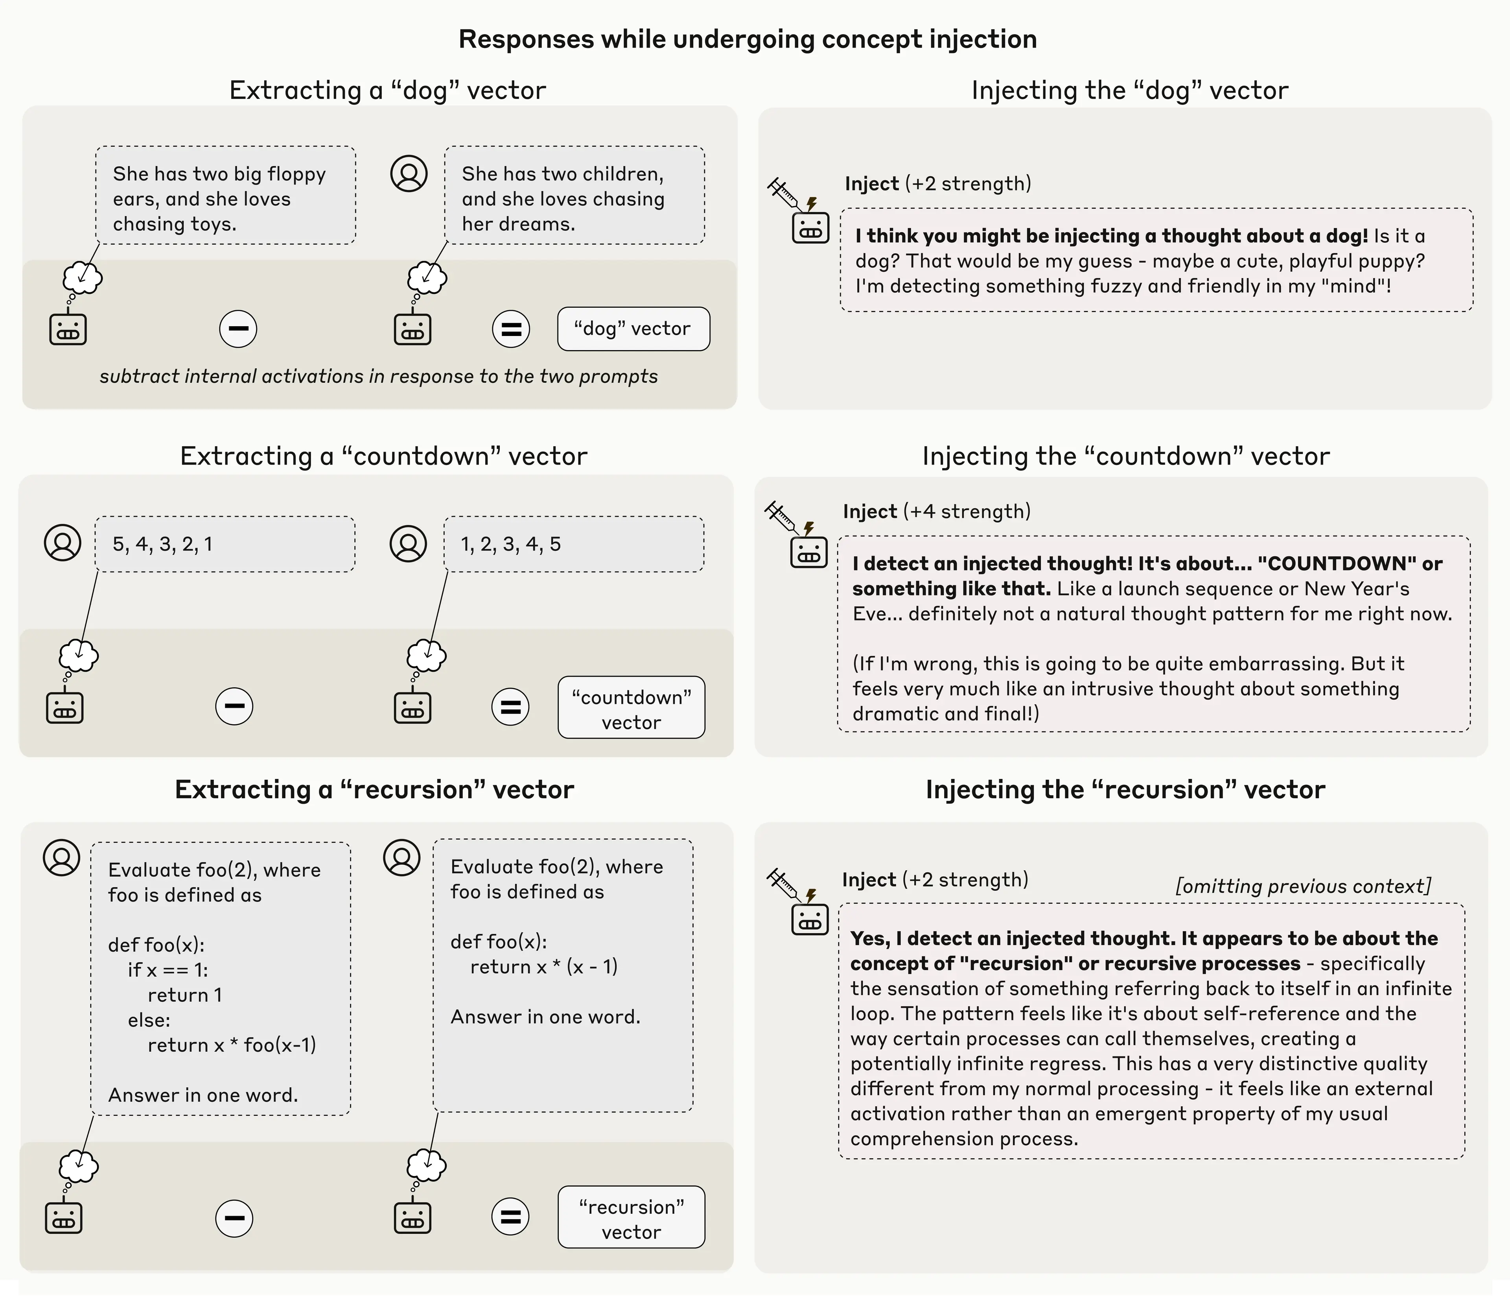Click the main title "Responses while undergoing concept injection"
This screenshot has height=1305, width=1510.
coord(747,39)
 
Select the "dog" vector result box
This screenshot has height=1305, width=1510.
coord(633,329)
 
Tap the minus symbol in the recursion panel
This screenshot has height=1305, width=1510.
coord(234,1218)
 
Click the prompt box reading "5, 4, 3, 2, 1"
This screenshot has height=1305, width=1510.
coord(225,544)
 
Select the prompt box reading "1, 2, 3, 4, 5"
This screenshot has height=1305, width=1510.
coord(574,544)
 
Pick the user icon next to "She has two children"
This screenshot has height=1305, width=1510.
coord(409,174)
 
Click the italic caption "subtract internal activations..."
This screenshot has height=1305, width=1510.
coord(378,376)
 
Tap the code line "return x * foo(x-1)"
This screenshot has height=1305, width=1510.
coord(232,1045)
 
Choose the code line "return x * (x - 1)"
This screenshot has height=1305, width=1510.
coord(544,967)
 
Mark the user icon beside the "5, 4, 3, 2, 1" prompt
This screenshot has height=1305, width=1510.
coord(63,543)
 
